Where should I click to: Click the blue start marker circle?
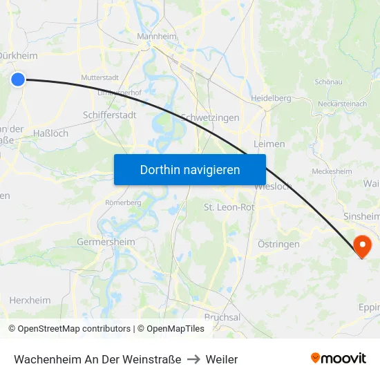(x=18, y=79)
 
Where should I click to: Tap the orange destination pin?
(x=361, y=245)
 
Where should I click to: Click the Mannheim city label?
(x=157, y=37)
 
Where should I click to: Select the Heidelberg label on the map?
(x=270, y=98)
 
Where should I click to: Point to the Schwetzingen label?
(x=209, y=117)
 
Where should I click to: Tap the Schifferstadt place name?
(x=109, y=115)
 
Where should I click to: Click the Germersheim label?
(x=106, y=243)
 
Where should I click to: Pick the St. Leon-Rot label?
(x=229, y=207)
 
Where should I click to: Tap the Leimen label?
(x=269, y=144)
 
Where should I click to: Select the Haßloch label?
(x=51, y=133)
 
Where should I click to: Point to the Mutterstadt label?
(x=100, y=78)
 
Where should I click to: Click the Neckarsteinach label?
(x=341, y=104)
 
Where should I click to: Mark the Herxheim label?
(x=30, y=300)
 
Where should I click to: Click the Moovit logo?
(x=338, y=359)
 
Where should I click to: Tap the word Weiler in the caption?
(x=221, y=359)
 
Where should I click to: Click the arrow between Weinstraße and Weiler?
(x=193, y=359)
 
